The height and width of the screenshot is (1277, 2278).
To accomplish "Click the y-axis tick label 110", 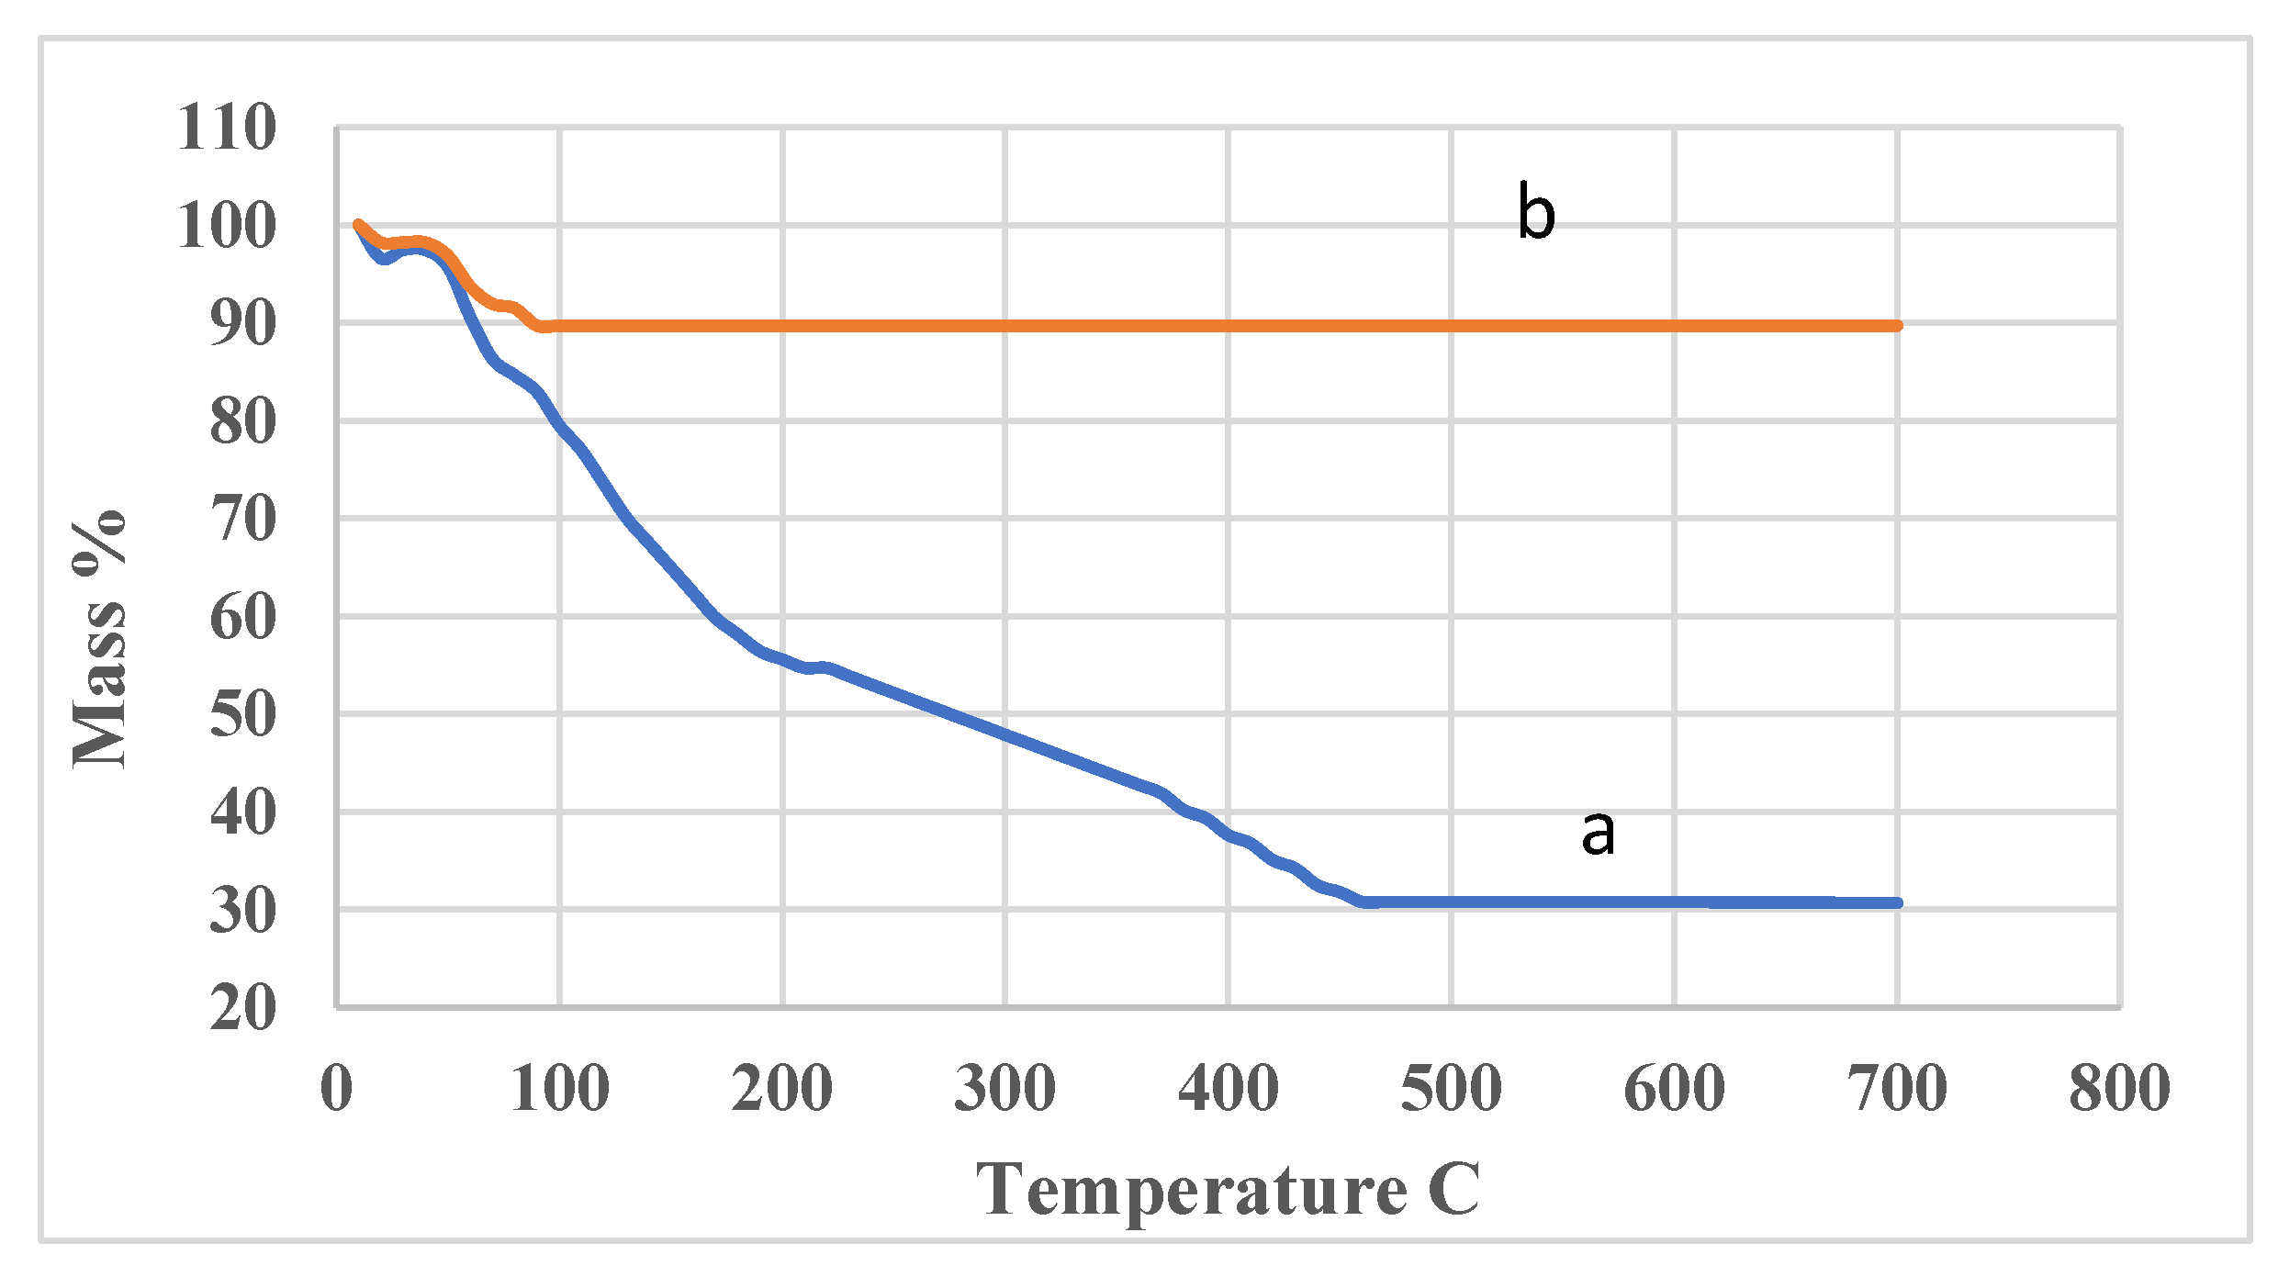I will tap(226, 127).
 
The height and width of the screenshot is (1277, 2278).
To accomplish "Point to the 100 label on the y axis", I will tap(226, 225).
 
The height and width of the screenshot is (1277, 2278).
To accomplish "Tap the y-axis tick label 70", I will tap(242, 519).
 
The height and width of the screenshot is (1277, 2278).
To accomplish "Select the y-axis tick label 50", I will tap(242, 714).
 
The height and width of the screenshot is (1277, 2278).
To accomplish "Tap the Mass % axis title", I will tap(99, 638).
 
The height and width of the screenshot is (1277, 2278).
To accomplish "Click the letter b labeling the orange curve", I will tap(1536, 212).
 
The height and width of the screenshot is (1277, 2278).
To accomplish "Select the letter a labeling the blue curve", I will tap(1598, 833).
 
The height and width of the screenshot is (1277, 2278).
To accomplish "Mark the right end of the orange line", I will tap(1897, 326).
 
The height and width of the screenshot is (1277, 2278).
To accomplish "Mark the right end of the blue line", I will tap(1897, 903).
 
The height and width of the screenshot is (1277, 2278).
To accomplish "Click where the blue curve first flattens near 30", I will tap(1365, 903).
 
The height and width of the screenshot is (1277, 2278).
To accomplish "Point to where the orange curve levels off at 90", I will tap(544, 326).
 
